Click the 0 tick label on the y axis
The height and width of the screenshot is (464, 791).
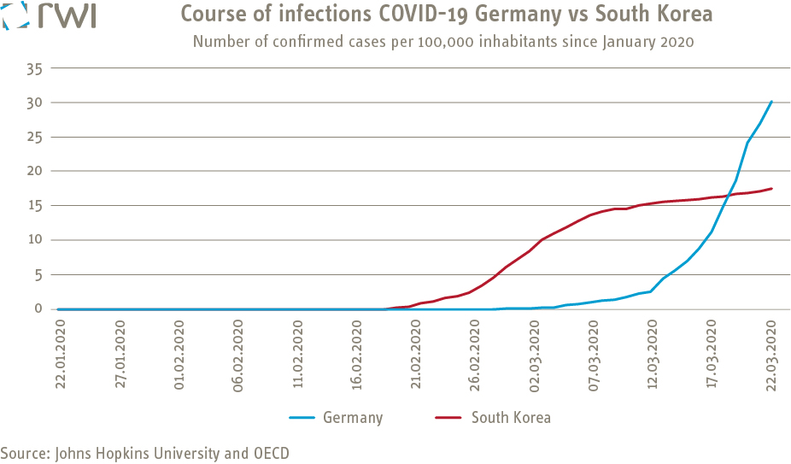37,308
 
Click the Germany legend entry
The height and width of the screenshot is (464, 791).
352,418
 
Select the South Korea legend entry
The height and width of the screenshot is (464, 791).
511,418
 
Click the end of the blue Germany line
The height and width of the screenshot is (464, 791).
771,102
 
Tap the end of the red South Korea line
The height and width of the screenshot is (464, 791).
771,189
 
